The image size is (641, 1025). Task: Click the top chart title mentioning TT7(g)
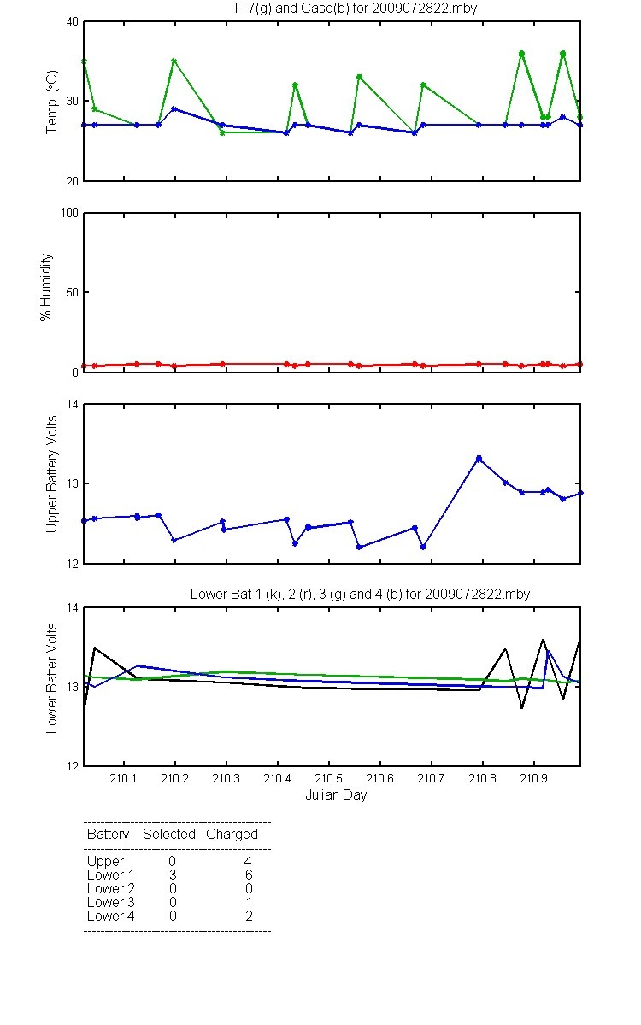pos(355,9)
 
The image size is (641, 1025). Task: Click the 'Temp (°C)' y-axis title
pos(52,102)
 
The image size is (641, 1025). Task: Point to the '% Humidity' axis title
pos(46,287)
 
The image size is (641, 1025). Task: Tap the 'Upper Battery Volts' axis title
pos(52,474)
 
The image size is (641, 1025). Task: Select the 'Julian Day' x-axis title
pos(336,795)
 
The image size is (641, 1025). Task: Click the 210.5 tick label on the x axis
pos(329,778)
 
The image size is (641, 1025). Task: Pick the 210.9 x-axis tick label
pos(534,778)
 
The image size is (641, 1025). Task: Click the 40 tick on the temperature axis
pos(73,22)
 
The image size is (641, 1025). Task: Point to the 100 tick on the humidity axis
pos(69,214)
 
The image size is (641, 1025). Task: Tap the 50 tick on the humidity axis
pos(73,292)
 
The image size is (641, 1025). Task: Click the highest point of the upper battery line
pos(479,459)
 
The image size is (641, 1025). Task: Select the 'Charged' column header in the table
pos(232,835)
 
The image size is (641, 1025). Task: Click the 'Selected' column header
pos(169,835)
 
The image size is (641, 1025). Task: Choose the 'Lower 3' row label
pos(111,902)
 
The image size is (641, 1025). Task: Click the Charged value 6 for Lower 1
pos(249,875)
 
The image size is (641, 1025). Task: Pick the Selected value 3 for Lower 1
pos(173,875)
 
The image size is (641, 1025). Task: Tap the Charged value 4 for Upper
pos(248,861)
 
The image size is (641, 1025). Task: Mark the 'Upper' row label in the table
pos(105,862)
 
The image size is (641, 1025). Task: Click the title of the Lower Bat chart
pos(360,594)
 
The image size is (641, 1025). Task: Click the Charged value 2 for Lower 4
pos(249,916)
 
